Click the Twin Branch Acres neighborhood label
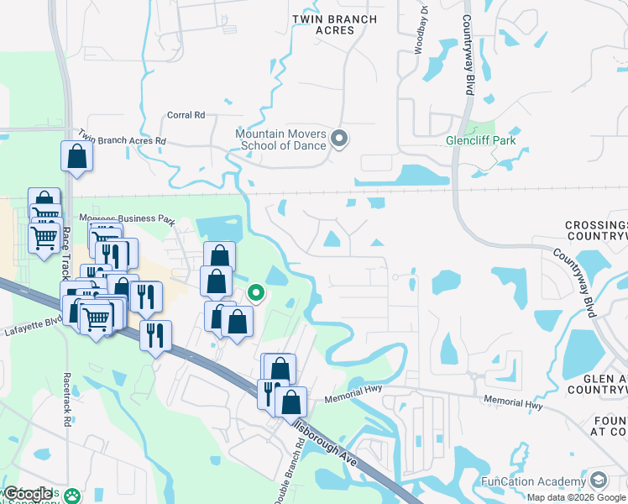coord(323,24)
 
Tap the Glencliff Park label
coord(481,140)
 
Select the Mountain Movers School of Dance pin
coord(339,139)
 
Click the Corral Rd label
coord(186,115)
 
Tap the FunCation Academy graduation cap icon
coord(599,481)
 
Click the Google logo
coord(29,493)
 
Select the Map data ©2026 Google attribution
coord(577,497)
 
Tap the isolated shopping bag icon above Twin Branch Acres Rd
coord(76,156)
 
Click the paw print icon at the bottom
coord(75,496)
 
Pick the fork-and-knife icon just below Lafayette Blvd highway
coord(155,336)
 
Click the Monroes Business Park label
coord(126,219)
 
